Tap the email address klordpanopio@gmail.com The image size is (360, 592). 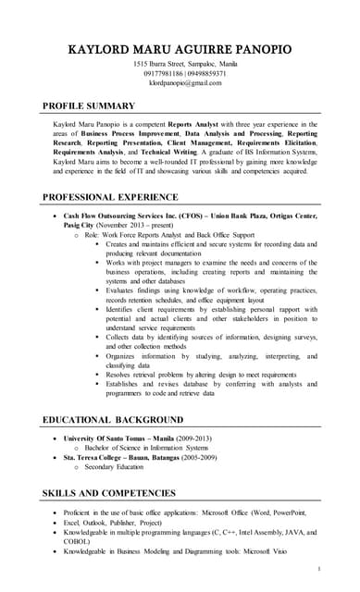click(x=180, y=82)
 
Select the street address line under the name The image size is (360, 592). click(x=180, y=62)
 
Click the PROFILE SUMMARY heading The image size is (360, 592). click(x=89, y=105)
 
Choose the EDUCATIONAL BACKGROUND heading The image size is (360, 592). click(x=117, y=420)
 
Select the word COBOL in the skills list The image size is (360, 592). click(x=78, y=542)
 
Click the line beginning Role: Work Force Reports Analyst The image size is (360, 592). click(x=171, y=235)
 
